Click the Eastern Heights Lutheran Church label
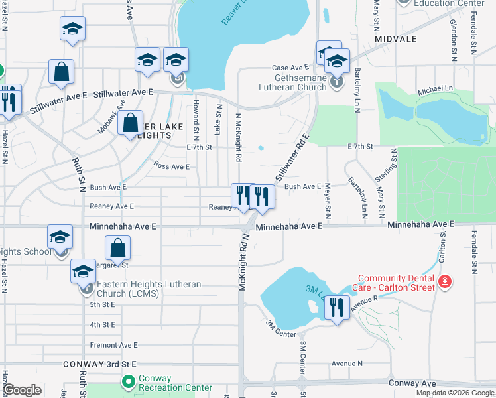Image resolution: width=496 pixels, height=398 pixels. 149,289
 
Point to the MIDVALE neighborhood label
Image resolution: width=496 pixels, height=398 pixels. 396,39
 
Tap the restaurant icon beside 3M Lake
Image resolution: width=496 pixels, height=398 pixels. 337,308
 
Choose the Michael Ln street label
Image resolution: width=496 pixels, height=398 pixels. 435,88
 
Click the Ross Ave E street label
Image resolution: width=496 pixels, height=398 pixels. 171,166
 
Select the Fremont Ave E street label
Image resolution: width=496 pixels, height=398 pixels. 114,345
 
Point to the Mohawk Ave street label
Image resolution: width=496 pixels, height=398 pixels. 112,117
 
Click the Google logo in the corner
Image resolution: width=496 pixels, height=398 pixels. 23,391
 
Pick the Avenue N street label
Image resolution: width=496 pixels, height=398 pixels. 347,364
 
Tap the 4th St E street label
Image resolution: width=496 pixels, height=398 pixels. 103,325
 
